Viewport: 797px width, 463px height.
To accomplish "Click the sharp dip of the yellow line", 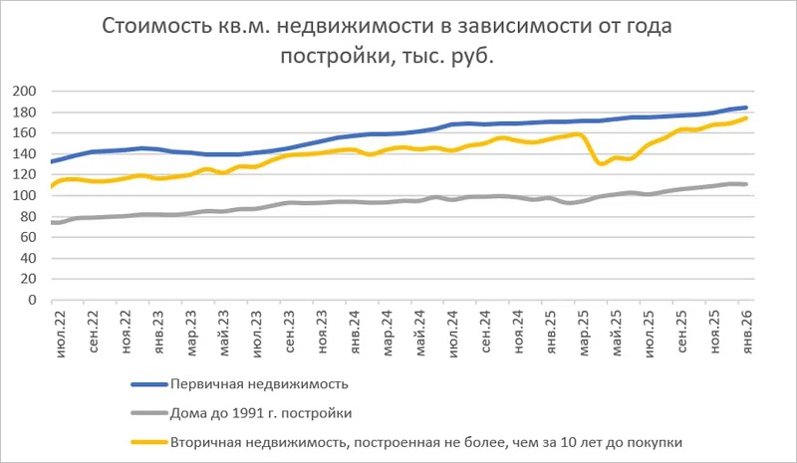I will tap(600, 162).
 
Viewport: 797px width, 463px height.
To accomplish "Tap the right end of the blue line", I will tap(746, 108).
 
